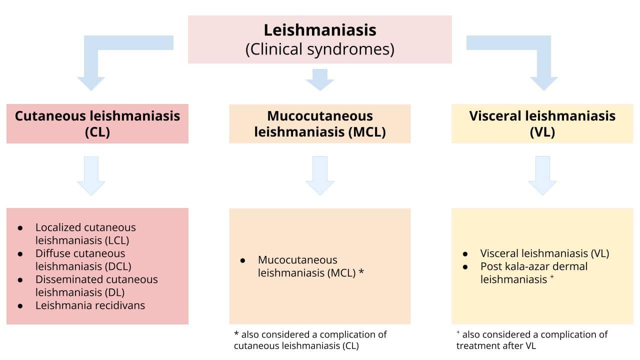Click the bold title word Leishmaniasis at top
click(x=320, y=30)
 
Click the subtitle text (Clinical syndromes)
click(x=320, y=49)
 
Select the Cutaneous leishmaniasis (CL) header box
click(x=97, y=123)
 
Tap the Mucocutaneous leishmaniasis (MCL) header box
click(x=320, y=123)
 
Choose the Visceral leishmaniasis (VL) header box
click(x=542, y=123)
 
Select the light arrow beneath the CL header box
click(x=91, y=175)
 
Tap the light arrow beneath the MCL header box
click(x=320, y=175)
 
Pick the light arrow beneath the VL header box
click(x=542, y=175)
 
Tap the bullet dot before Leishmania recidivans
click(x=20, y=305)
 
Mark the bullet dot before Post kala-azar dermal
click(x=465, y=266)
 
